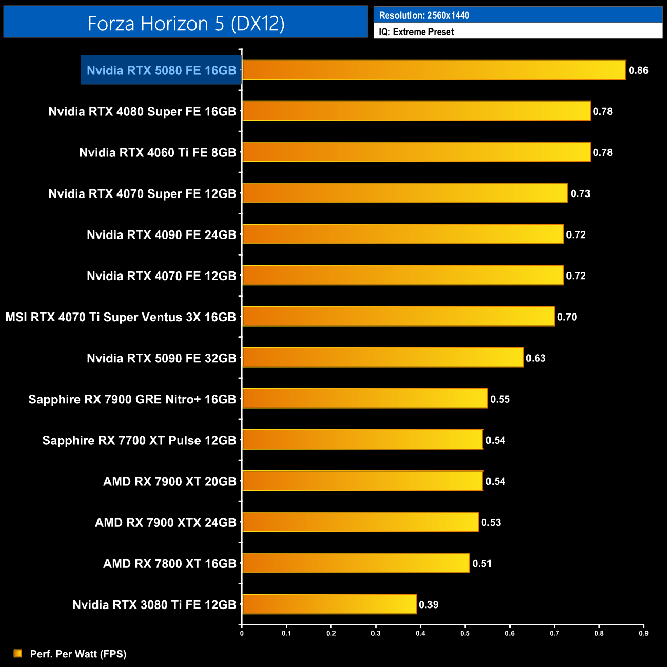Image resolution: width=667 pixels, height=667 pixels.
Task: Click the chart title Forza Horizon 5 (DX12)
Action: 186,23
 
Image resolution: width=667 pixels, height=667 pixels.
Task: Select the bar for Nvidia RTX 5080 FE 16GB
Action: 434,70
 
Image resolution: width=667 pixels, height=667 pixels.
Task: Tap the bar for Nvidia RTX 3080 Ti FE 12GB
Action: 328,604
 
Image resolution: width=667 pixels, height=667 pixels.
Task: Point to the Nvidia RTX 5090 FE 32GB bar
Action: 382,358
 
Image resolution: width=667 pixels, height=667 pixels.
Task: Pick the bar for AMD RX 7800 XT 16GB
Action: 355,563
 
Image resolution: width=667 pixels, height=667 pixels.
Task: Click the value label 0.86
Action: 638,70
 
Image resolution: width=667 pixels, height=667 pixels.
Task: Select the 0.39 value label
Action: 428,604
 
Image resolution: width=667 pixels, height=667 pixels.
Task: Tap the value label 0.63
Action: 536,358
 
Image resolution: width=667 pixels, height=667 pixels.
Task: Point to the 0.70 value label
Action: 567,317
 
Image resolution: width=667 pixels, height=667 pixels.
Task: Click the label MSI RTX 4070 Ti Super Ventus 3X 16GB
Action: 121,317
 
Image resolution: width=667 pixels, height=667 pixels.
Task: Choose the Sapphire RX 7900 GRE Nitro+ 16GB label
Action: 132,399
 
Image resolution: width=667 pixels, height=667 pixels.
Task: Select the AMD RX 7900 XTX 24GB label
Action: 165,522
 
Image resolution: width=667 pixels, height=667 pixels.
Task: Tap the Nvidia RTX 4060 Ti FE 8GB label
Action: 158,152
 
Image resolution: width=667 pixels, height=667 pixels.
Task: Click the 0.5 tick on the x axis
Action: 465,633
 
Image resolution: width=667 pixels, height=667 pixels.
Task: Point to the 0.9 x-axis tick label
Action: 643,633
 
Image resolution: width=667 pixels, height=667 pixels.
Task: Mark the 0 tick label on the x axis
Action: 242,633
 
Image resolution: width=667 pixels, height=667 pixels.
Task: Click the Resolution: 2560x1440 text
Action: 424,15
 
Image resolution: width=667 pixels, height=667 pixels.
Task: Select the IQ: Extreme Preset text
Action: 416,32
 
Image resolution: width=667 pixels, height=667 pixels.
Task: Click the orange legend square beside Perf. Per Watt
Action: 18,653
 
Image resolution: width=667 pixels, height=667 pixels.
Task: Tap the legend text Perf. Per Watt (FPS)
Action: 78,654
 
